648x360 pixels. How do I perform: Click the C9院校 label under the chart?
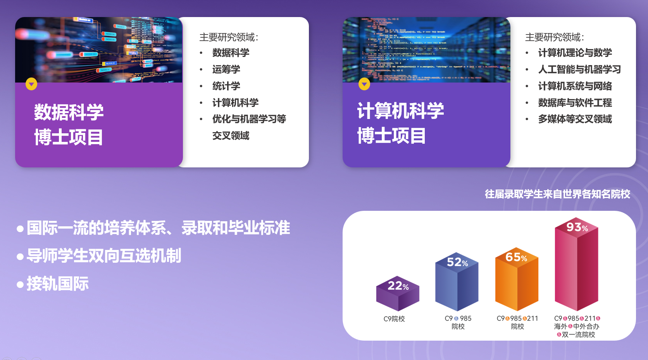[394, 319]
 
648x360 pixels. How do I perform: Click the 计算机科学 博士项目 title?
[400, 123]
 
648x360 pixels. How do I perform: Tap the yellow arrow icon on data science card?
[31, 84]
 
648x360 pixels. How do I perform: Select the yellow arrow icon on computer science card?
[364, 84]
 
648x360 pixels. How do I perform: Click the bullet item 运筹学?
[226, 69]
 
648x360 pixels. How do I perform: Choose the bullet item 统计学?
[226, 86]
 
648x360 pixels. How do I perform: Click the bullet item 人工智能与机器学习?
[579, 69]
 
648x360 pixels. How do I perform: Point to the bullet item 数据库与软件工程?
[575, 103]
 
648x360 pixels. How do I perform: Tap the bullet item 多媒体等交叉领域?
[575, 119]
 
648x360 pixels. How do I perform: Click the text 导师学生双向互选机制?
[104, 256]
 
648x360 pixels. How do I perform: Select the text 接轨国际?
[57, 284]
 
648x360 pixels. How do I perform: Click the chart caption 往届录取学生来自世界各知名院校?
[557, 194]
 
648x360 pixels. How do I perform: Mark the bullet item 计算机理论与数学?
[575, 53]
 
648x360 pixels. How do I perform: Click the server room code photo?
[426, 50]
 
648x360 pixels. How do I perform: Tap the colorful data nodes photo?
[99, 50]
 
